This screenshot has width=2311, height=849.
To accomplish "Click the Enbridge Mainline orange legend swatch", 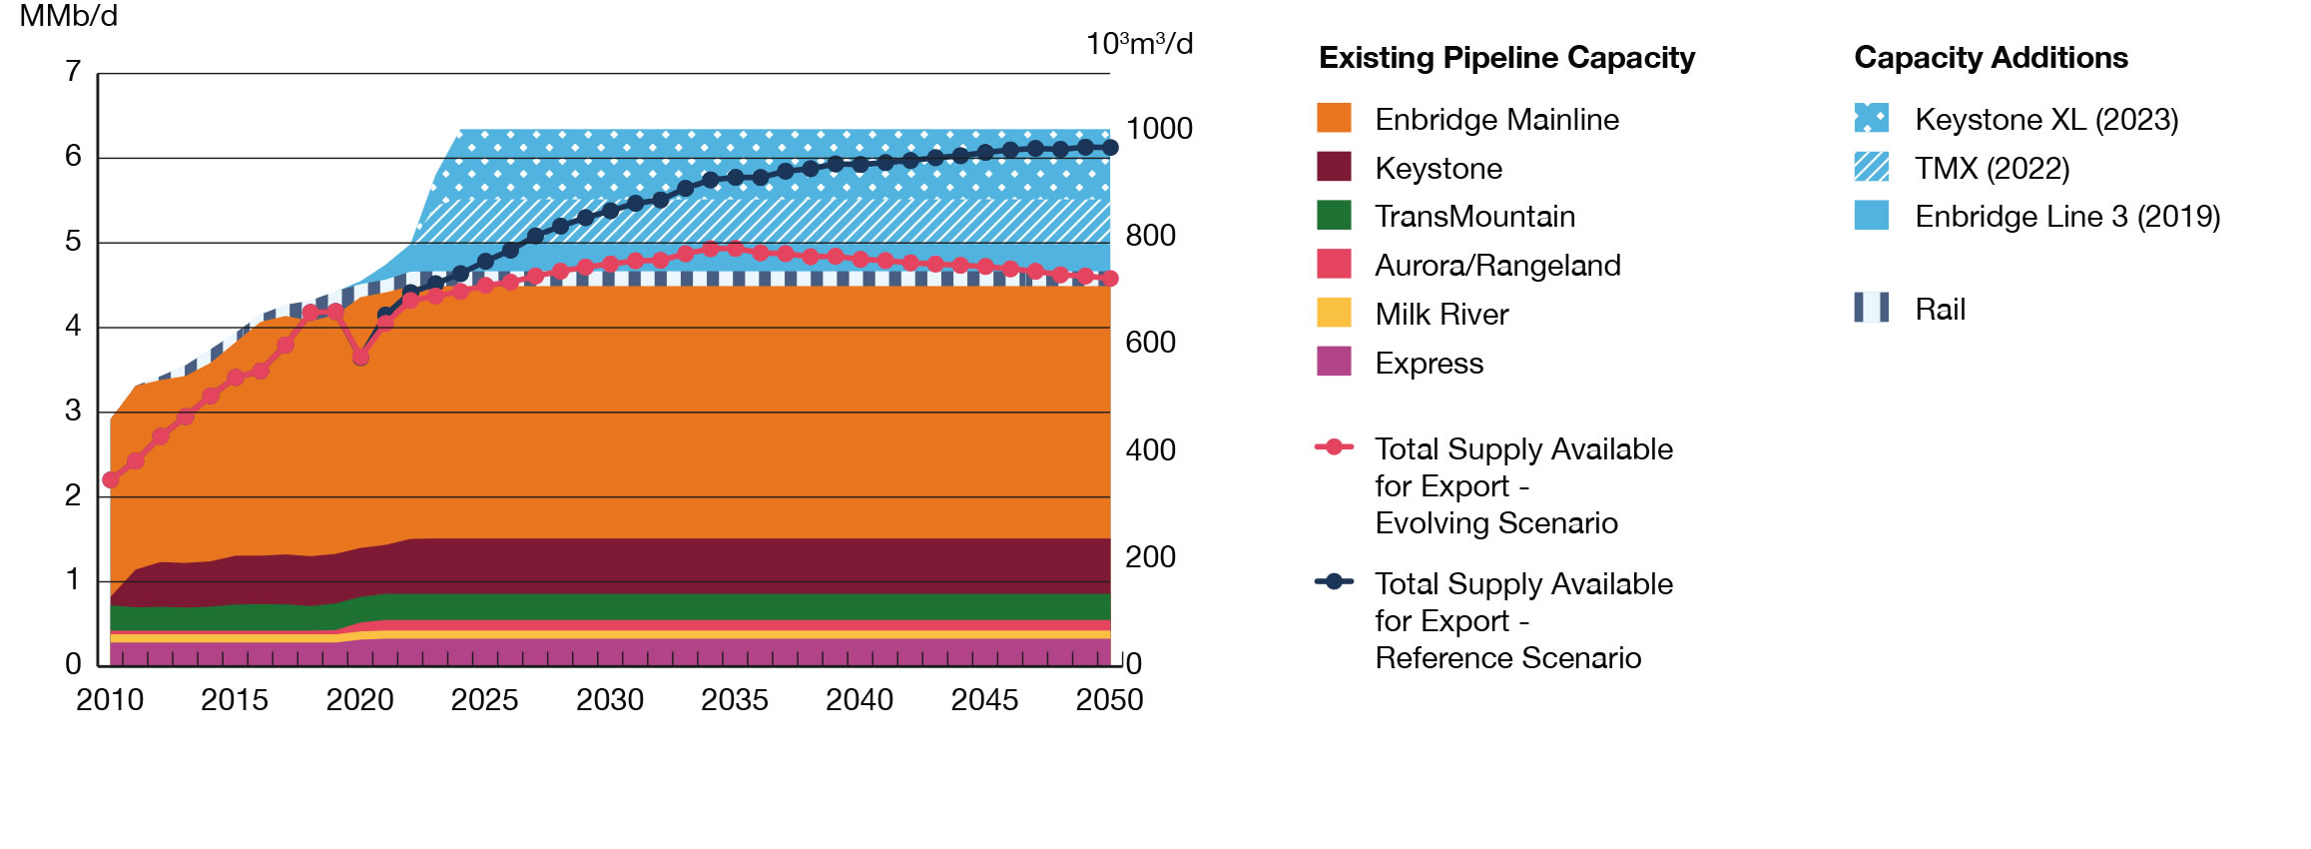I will pyautogui.click(x=1334, y=118).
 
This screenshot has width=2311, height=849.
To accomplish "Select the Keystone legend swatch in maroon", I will pyautogui.click(x=1334, y=167).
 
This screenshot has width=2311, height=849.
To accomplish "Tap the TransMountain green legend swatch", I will pyautogui.click(x=1334, y=216).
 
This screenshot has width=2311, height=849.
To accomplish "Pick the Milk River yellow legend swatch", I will pyautogui.click(x=1334, y=313).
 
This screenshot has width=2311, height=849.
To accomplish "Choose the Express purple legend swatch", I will pyautogui.click(x=1334, y=362).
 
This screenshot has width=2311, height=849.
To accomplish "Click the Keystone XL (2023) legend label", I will pyautogui.click(x=2045, y=120).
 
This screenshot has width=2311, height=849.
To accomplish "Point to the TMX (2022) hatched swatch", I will pyautogui.click(x=1871, y=167).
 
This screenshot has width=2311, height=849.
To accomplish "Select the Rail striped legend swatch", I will pyautogui.click(x=1871, y=308).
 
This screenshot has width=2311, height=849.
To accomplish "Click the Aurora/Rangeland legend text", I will pyautogui.click(x=1497, y=266).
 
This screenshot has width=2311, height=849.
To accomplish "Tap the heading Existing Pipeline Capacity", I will pyautogui.click(x=1506, y=58).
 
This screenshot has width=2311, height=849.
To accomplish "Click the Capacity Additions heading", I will pyautogui.click(x=1991, y=58).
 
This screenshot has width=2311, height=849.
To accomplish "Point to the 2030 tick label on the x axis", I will pyautogui.click(x=610, y=700).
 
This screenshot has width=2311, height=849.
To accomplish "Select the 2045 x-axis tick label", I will pyautogui.click(x=984, y=700).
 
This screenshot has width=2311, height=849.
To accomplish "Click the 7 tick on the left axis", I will pyautogui.click(x=73, y=72).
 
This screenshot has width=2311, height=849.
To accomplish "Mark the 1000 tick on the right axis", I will pyautogui.click(x=1159, y=129).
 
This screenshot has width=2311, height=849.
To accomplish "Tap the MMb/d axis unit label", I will pyautogui.click(x=68, y=16).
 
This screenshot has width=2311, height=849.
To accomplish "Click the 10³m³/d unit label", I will pyautogui.click(x=1139, y=44).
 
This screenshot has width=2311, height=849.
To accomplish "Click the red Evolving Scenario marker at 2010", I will pyautogui.click(x=111, y=480).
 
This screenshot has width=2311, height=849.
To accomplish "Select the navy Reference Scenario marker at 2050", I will pyautogui.click(x=1110, y=148).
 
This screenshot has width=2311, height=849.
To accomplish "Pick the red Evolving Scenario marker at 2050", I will pyautogui.click(x=1110, y=279).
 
